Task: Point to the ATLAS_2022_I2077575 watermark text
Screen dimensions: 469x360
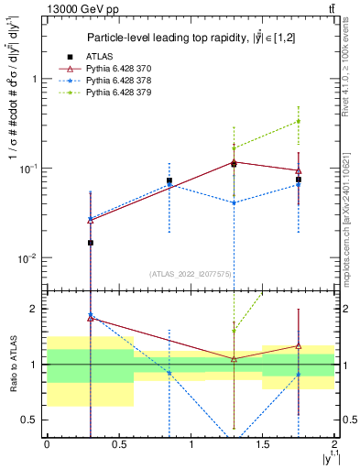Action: point(191,274)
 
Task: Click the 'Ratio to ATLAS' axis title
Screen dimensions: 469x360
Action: point(12,364)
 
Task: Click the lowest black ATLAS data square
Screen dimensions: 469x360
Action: point(90,243)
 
